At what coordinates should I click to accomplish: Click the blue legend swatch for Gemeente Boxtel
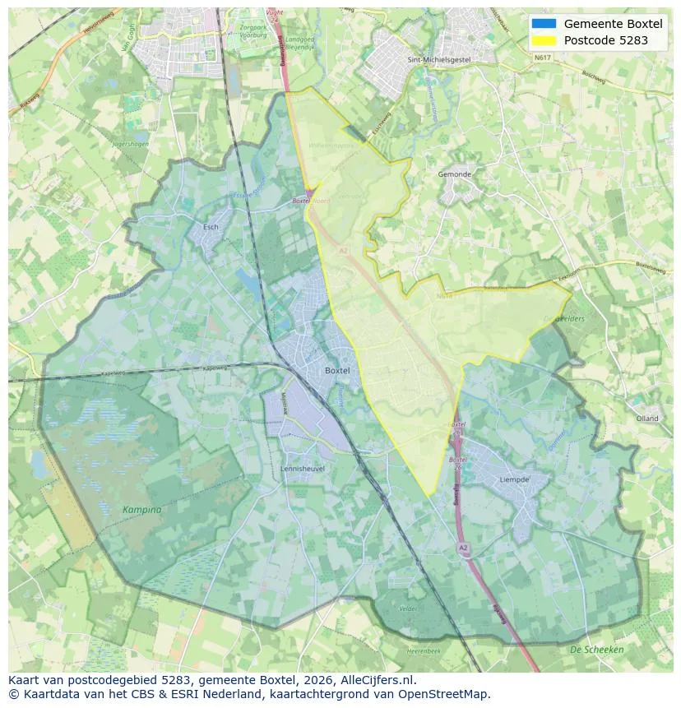tap(544, 24)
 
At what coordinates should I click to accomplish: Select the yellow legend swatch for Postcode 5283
tap(544, 40)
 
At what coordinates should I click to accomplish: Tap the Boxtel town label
tap(337, 371)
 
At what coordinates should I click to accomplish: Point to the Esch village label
tap(211, 227)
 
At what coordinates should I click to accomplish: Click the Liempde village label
tap(514, 479)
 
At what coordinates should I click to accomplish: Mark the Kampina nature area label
tap(141, 510)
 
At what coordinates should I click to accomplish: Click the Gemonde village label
tap(455, 175)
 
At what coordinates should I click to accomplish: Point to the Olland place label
tap(647, 419)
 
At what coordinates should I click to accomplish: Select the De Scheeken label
tap(597, 650)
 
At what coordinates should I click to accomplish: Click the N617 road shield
tap(541, 58)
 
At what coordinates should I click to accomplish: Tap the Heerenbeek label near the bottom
tap(425, 650)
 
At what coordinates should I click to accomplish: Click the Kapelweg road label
tap(115, 373)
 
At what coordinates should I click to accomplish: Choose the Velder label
tap(408, 609)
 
